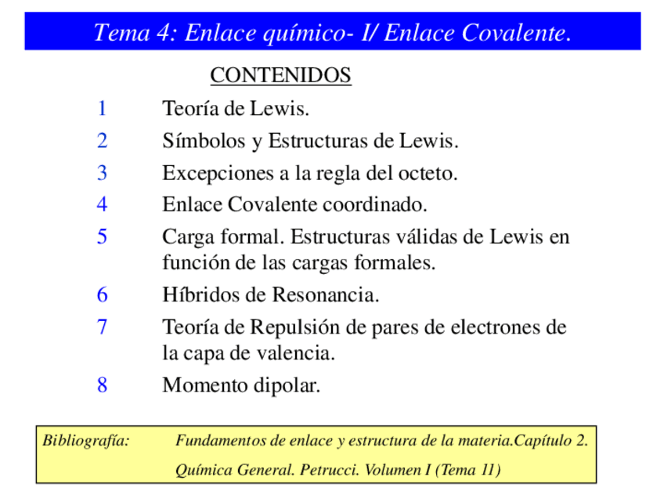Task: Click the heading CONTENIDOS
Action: click(280, 76)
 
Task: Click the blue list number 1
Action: click(102, 109)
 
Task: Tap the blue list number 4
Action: click(102, 205)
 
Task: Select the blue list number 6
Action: click(102, 295)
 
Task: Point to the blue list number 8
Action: click(102, 385)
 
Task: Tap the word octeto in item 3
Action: click(429, 173)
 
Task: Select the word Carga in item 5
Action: click(186, 236)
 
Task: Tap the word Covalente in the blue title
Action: click(513, 33)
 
